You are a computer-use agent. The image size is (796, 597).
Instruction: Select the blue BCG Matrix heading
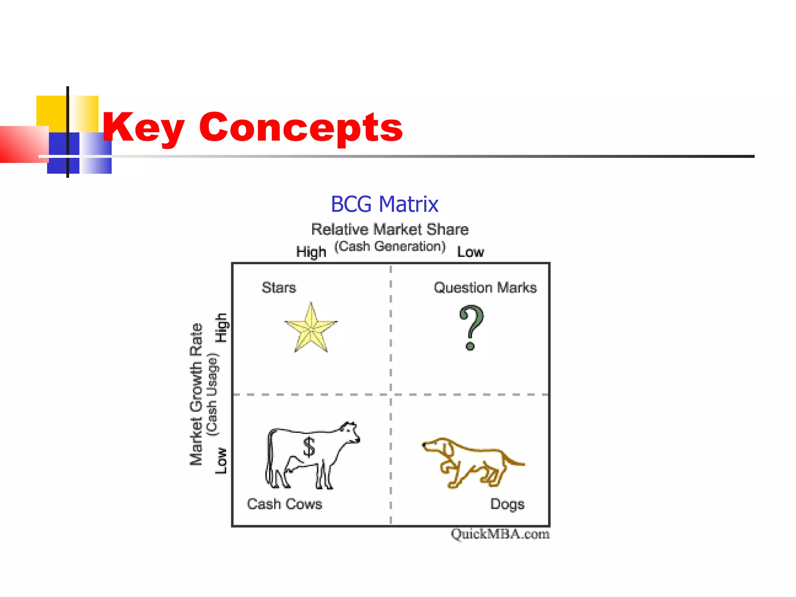[x=384, y=204]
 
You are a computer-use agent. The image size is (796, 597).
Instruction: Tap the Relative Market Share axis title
[x=390, y=229]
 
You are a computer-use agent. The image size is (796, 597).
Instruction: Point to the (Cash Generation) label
[x=390, y=246]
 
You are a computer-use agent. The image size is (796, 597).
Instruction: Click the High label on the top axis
[x=311, y=252]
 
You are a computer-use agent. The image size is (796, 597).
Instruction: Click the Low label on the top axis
[x=470, y=252]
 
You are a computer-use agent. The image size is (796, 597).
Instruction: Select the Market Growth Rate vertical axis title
[x=196, y=394]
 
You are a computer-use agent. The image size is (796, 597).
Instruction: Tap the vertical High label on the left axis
[x=221, y=328]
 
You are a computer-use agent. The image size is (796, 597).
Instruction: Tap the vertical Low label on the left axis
[x=221, y=461]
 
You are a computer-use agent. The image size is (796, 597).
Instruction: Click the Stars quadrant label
[x=279, y=288]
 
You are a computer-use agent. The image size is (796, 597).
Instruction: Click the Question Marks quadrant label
[x=485, y=288]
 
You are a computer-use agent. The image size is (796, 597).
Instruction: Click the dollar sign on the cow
[x=309, y=447]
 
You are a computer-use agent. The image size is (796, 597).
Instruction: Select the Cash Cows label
[x=285, y=504]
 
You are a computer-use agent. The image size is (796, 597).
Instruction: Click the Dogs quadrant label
[x=507, y=504]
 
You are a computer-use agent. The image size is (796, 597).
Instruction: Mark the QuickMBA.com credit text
[x=500, y=534]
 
